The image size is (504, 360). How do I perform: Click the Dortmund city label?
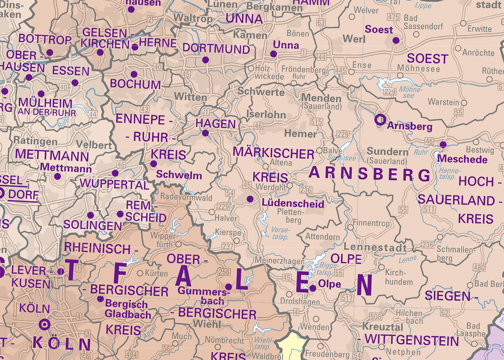216,49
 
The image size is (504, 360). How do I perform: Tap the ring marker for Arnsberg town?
380,119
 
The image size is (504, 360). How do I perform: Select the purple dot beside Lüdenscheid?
250,199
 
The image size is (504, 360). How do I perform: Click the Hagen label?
215,123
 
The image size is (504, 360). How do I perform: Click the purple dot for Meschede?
443,145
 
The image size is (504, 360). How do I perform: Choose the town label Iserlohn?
269,115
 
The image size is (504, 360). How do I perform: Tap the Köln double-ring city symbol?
44,324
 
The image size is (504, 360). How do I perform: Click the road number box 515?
316,122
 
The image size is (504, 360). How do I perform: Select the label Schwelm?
179,175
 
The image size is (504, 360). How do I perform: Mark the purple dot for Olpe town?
313,288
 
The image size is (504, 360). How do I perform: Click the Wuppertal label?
114,185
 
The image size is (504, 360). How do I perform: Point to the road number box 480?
479,268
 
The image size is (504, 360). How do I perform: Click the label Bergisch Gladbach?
127,310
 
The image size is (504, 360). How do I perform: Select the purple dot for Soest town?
396,40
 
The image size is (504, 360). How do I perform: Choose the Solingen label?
92,226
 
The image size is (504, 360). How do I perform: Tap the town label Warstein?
443,102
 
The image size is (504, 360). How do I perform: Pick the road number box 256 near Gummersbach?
224,272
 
